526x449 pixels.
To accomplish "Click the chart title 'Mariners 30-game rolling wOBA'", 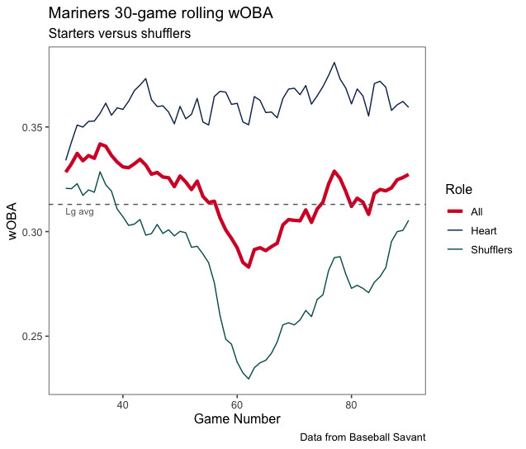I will (160, 14).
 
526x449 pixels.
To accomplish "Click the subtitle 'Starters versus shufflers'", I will (120, 34).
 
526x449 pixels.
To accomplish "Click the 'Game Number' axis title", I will (237, 419).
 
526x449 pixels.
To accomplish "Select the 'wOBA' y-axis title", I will (12, 221).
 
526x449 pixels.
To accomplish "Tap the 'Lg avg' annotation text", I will (79, 212).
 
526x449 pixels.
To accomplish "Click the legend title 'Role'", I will (458, 189).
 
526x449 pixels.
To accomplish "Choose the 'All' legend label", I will (476, 211).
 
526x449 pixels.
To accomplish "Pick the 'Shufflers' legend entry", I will (491, 249).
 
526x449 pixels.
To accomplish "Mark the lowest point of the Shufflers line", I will (249, 379).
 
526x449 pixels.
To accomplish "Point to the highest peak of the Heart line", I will (334, 62).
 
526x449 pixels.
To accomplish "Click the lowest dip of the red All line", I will (248, 267).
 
